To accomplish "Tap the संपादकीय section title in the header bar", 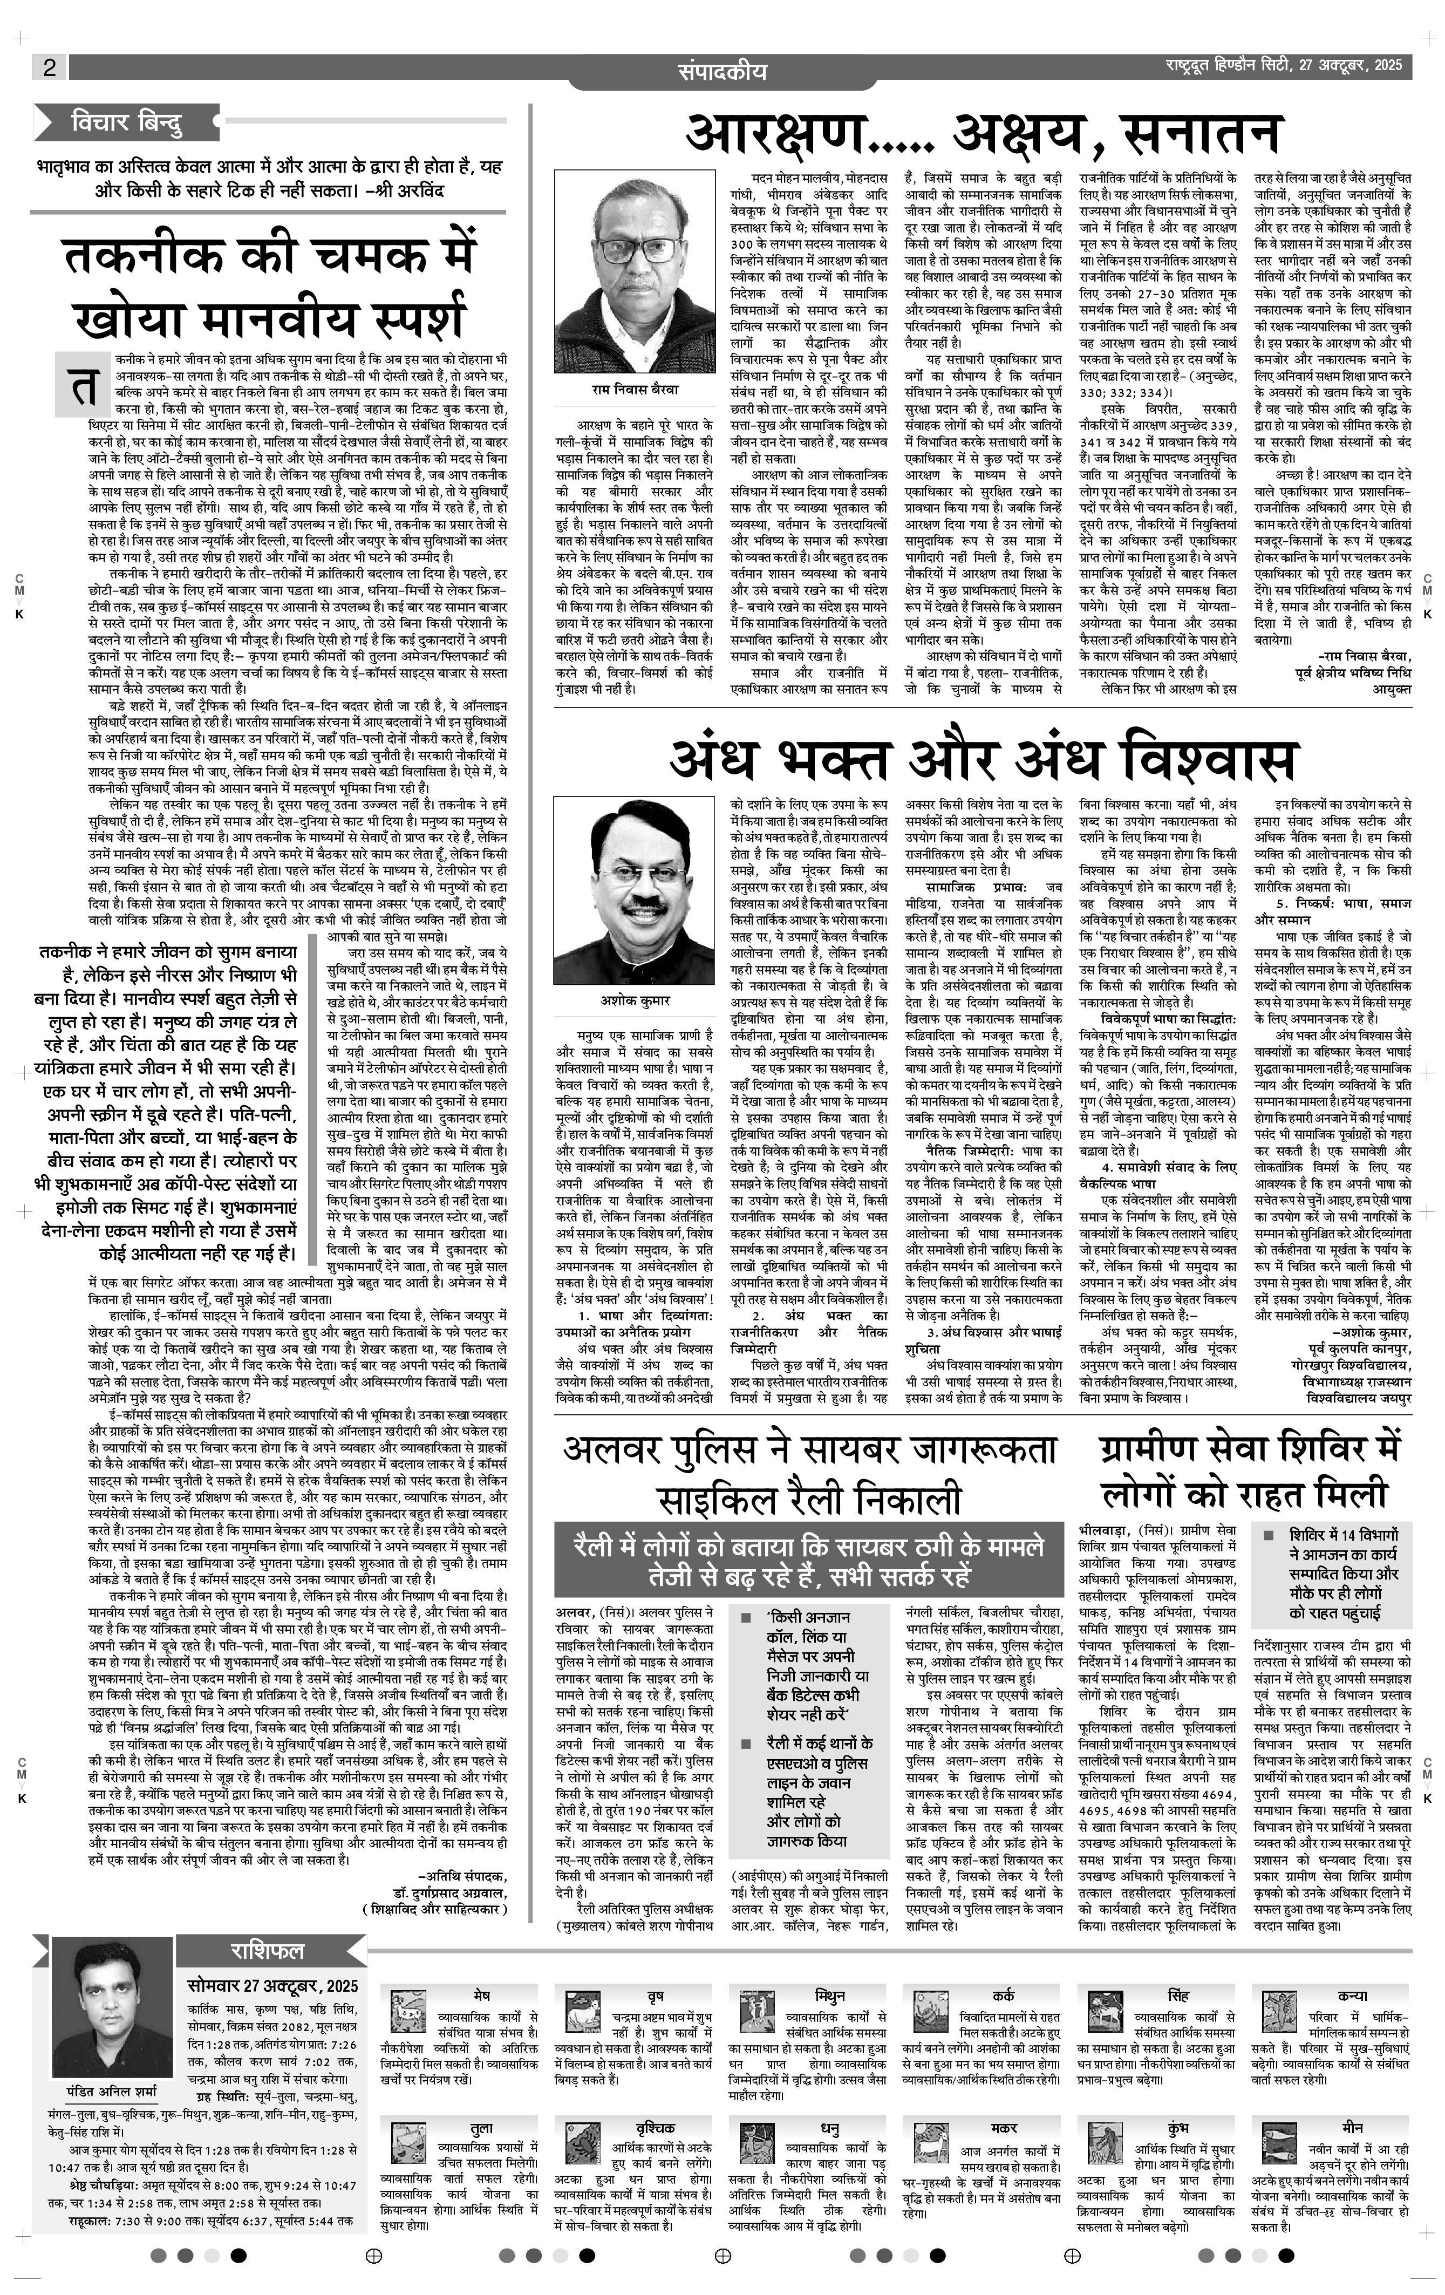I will click(722, 71).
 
